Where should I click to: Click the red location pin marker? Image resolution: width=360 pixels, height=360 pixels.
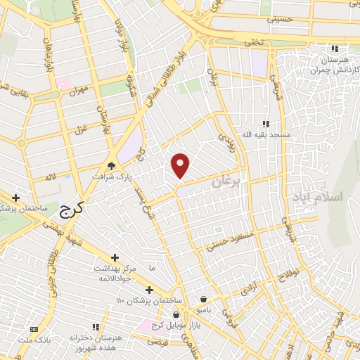tap(181, 166)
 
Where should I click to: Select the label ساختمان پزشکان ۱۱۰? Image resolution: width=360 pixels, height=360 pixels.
tap(148, 300)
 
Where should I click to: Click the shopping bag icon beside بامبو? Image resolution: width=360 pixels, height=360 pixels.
tap(203, 299)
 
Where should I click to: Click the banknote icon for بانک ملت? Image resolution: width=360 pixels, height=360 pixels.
tap(34, 329)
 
